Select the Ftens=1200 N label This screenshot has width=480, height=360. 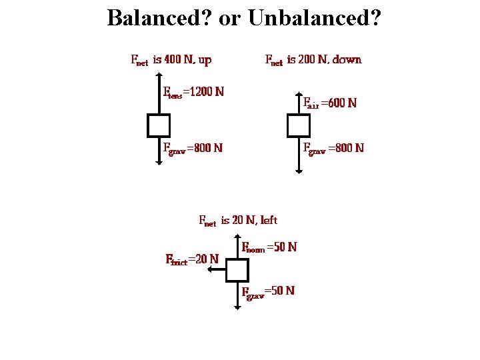click(193, 92)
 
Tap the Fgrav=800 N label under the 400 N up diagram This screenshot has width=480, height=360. click(193, 147)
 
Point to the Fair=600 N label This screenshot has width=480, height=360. click(330, 103)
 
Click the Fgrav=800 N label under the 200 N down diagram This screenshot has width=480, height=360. click(333, 147)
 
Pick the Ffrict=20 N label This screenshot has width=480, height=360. click(192, 259)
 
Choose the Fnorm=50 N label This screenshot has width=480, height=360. click(269, 247)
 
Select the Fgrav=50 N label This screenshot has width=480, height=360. click(268, 291)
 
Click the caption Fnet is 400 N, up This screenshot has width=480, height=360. click(171, 60)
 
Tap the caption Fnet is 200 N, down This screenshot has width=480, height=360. click(313, 60)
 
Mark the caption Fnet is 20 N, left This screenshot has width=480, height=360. click(238, 221)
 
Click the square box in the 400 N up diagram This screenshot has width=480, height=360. click(159, 125)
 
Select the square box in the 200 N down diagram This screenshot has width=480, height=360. click(298, 125)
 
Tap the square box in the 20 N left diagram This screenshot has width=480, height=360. click(237, 270)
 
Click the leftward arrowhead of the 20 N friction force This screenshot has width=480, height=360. click(209, 270)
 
